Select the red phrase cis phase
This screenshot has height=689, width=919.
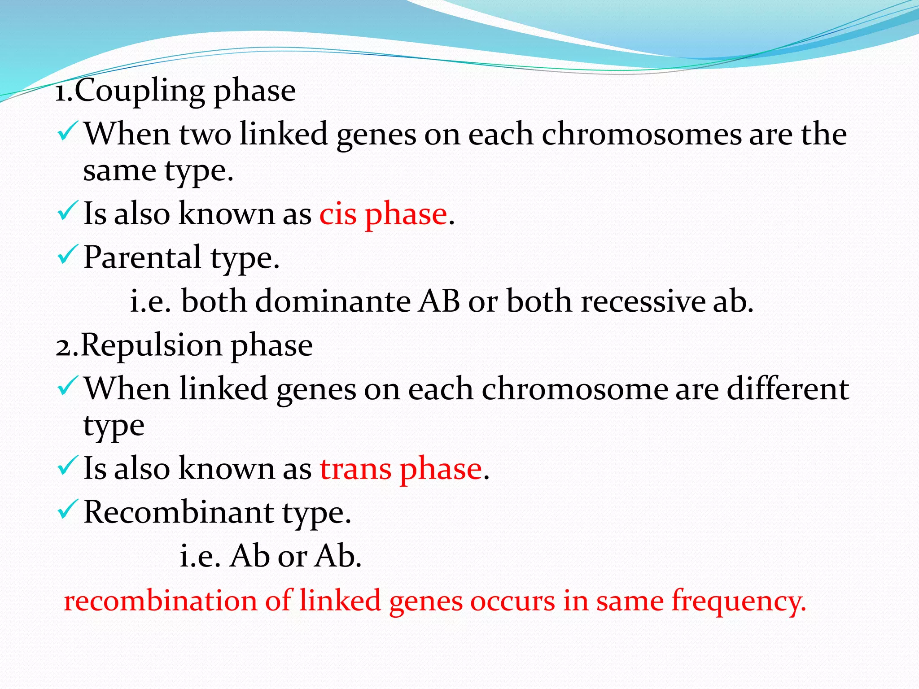click(x=383, y=214)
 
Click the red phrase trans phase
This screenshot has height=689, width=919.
click(x=401, y=469)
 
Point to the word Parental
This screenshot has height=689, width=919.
click(x=142, y=258)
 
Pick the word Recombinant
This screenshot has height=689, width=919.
click(x=178, y=513)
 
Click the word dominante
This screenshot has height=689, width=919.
click(x=333, y=301)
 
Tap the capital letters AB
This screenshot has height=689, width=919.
click(x=439, y=301)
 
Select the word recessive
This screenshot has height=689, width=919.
click(x=643, y=301)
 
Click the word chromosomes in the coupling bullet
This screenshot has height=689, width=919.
click(x=641, y=135)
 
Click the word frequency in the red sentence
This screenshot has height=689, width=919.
click(x=738, y=602)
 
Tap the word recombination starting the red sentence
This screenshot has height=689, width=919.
click(x=160, y=602)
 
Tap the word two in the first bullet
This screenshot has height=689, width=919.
click(x=205, y=135)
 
